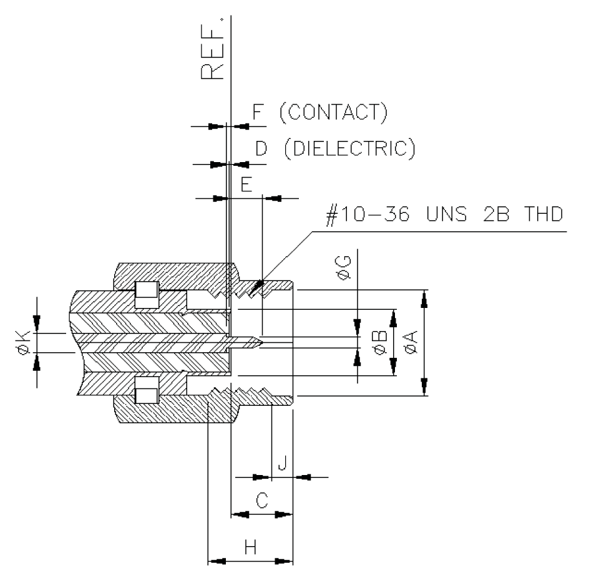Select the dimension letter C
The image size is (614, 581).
(263, 501)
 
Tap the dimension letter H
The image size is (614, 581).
(250, 547)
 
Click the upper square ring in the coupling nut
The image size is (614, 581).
(147, 293)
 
